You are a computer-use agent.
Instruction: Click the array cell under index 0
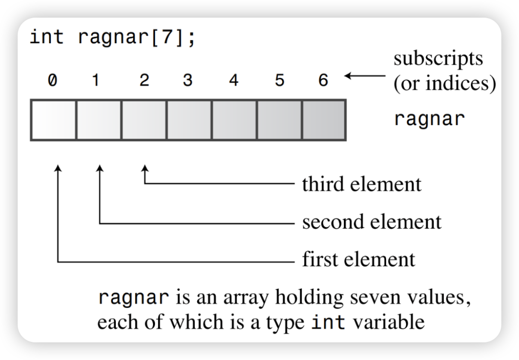[53, 120]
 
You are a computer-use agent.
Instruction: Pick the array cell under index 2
[144, 120]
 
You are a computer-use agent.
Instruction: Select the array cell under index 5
[280, 120]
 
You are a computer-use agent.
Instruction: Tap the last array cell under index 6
[324, 120]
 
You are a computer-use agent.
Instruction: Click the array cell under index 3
[189, 120]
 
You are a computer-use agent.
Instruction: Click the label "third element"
[362, 184]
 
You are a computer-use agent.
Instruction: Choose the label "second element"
[372, 222]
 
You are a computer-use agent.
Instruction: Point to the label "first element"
[359, 258]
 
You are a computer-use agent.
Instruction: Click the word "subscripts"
[438, 58]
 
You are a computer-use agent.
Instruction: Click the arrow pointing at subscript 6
[365, 76]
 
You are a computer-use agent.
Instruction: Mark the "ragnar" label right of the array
[429, 119]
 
